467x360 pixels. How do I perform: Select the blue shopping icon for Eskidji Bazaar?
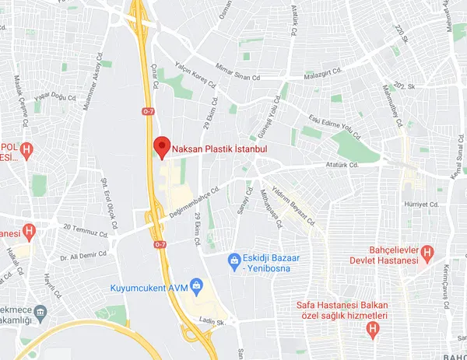pos(233,258)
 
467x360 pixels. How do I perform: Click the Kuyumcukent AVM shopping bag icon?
pos(196,285)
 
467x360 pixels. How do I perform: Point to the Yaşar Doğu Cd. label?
pos(53,96)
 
